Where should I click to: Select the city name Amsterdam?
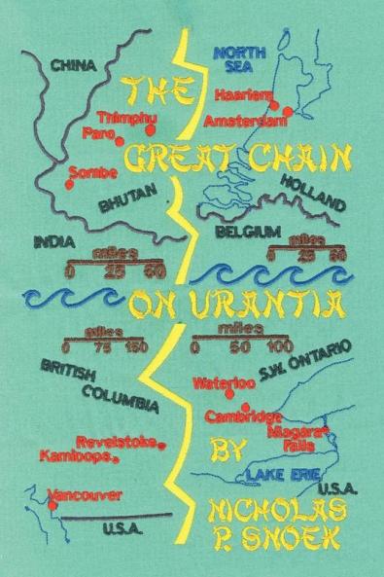click(246, 122)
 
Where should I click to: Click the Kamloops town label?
click(77, 455)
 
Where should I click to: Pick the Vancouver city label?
click(86, 495)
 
